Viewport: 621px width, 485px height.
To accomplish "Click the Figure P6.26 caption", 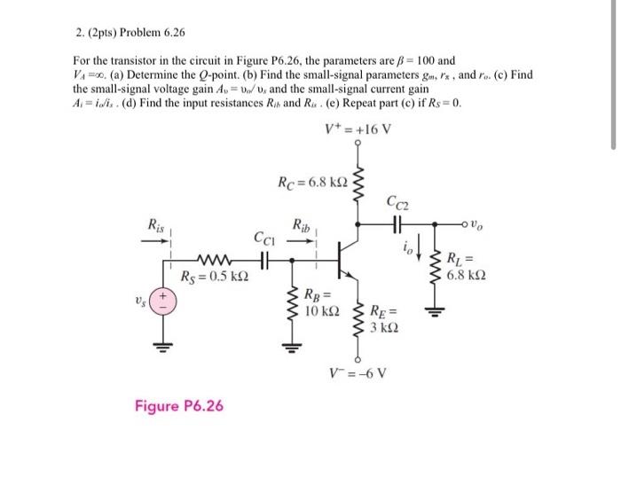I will pyautogui.click(x=179, y=406).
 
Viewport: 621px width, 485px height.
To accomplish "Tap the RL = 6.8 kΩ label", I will pyautogui.click(x=467, y=266).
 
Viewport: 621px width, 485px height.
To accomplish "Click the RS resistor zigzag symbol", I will pyautogui.click(x=213, y=261).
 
